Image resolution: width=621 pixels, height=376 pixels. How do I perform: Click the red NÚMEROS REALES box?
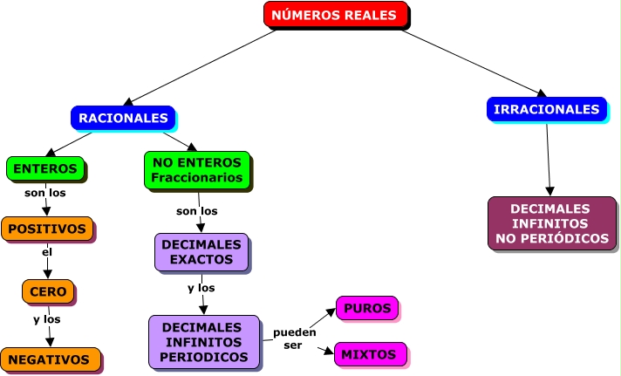pyautogui.click(x=335, y=15)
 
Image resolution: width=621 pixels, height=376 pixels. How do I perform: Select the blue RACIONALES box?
pyautogui.click(x=123, y=117)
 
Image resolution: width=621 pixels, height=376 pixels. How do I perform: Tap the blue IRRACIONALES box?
pyautogui.click(x=546, y=109)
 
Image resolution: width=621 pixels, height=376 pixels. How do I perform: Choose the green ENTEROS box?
pyautogui.click(x=45, y=168)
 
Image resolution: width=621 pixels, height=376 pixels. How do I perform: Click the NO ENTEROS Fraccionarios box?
pyautogui.click(x=197, y=170)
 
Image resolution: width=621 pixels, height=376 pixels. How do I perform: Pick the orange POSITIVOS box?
pyautogui.click(x=47, y=229)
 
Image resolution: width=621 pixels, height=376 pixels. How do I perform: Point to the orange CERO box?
pyautogui.click(x=48, y=291)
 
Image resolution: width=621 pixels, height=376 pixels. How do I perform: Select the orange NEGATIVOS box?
pyautogui.click(x=50, y=359)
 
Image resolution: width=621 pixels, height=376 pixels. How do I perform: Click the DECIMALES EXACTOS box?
pyautogui.click(x=201, y=252)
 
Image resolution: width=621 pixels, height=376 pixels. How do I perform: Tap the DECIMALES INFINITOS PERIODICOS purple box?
pyautogui.click(x=205, y=341)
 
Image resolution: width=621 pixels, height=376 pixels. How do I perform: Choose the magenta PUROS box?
pyautogui.click(x=367, y=309)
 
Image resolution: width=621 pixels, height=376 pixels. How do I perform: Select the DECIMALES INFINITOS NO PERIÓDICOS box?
pyautogui.click(x=551, y=223)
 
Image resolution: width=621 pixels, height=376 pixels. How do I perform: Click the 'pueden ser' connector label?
pyautogui.click(x=293, y=339)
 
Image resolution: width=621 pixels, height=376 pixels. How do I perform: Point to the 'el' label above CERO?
pyautogui.click(x=47, y=253)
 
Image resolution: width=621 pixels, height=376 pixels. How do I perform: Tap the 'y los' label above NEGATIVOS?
pyautogui.click(x=47, y=319)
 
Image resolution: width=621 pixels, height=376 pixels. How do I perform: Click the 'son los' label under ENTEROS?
pyautogui.click(x=44, y=193)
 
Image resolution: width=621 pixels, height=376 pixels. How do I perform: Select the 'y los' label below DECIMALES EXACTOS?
pyautogui.click(x=201, y=288)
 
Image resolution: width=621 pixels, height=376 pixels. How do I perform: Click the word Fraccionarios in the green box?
pyautogui.click(x=197, y=178)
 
